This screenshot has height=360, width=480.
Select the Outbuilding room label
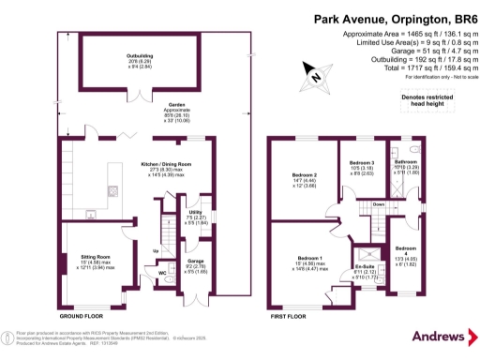tap(140, 56)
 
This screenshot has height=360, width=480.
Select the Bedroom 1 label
tap(308, 258)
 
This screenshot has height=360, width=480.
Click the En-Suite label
tap(364, 267)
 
